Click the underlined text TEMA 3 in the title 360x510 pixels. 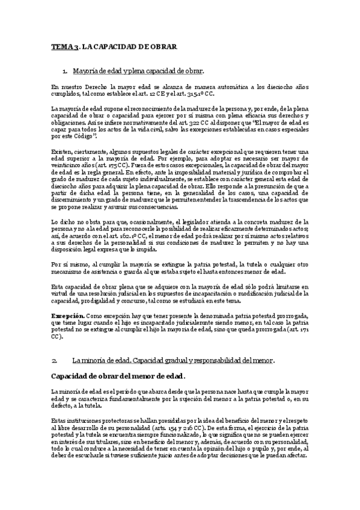(x=64, y=46)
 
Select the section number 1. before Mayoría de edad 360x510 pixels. (x=65, y=71)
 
